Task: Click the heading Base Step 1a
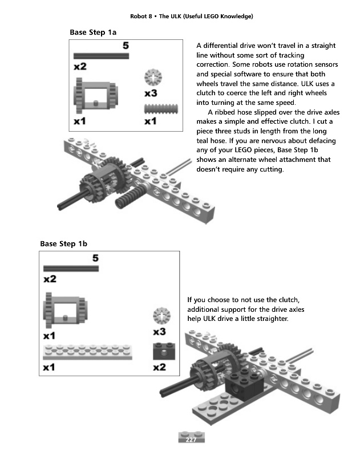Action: coord(93,32)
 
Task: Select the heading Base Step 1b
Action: coord(63,244)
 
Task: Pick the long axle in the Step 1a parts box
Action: coord(102,56)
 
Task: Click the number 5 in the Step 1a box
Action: coord(126,44)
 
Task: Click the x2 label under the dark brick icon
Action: coord(160,368)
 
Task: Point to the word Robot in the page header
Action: coord(140,16)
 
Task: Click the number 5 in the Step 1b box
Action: coord(95,258)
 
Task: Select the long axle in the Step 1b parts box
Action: coord(71,268)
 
